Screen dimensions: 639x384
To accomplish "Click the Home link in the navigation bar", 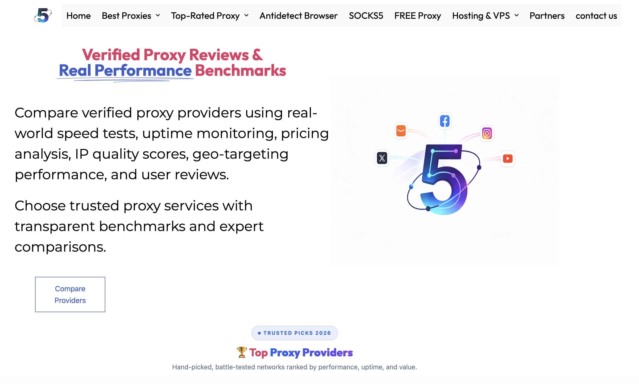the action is click(78, 16).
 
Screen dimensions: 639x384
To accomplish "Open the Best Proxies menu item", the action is click(131, 16).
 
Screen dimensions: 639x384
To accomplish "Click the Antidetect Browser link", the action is click(298, 16).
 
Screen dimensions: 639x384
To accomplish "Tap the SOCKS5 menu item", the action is click(366, 16).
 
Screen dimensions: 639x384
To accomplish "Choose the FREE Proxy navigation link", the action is click(418, 16).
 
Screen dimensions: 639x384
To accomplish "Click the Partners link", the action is click(547, 16).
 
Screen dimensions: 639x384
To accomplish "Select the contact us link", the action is click(596, 16).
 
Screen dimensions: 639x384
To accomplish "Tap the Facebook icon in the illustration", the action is click(445, 121).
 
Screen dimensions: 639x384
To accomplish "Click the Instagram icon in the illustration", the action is click(487, 133).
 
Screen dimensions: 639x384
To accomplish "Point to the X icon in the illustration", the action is click(382, 158).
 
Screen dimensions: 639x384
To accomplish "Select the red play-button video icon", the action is click(508, 158).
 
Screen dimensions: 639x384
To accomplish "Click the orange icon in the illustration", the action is click(401, 131).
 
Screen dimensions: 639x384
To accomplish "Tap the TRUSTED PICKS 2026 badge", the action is click(294, 333).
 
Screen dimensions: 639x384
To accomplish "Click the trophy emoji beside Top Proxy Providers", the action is click(242, 352).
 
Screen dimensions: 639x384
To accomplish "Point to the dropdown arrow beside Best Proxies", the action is click(158, 16).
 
